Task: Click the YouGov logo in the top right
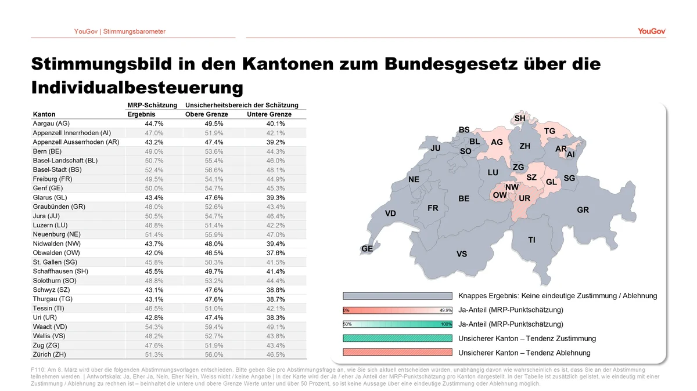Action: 652,31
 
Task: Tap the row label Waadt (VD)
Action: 49,327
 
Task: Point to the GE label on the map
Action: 367,248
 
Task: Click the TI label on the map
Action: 531,240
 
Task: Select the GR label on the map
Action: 583,210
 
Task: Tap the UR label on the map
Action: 524,198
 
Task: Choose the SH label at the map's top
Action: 520,118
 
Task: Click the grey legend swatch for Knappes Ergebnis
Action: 397,296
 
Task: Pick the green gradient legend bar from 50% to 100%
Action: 397,324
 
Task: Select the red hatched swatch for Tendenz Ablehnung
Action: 397,353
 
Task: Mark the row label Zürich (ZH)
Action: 51,354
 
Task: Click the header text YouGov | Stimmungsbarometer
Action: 120,31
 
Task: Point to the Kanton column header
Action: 45,114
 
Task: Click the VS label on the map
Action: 462,254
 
